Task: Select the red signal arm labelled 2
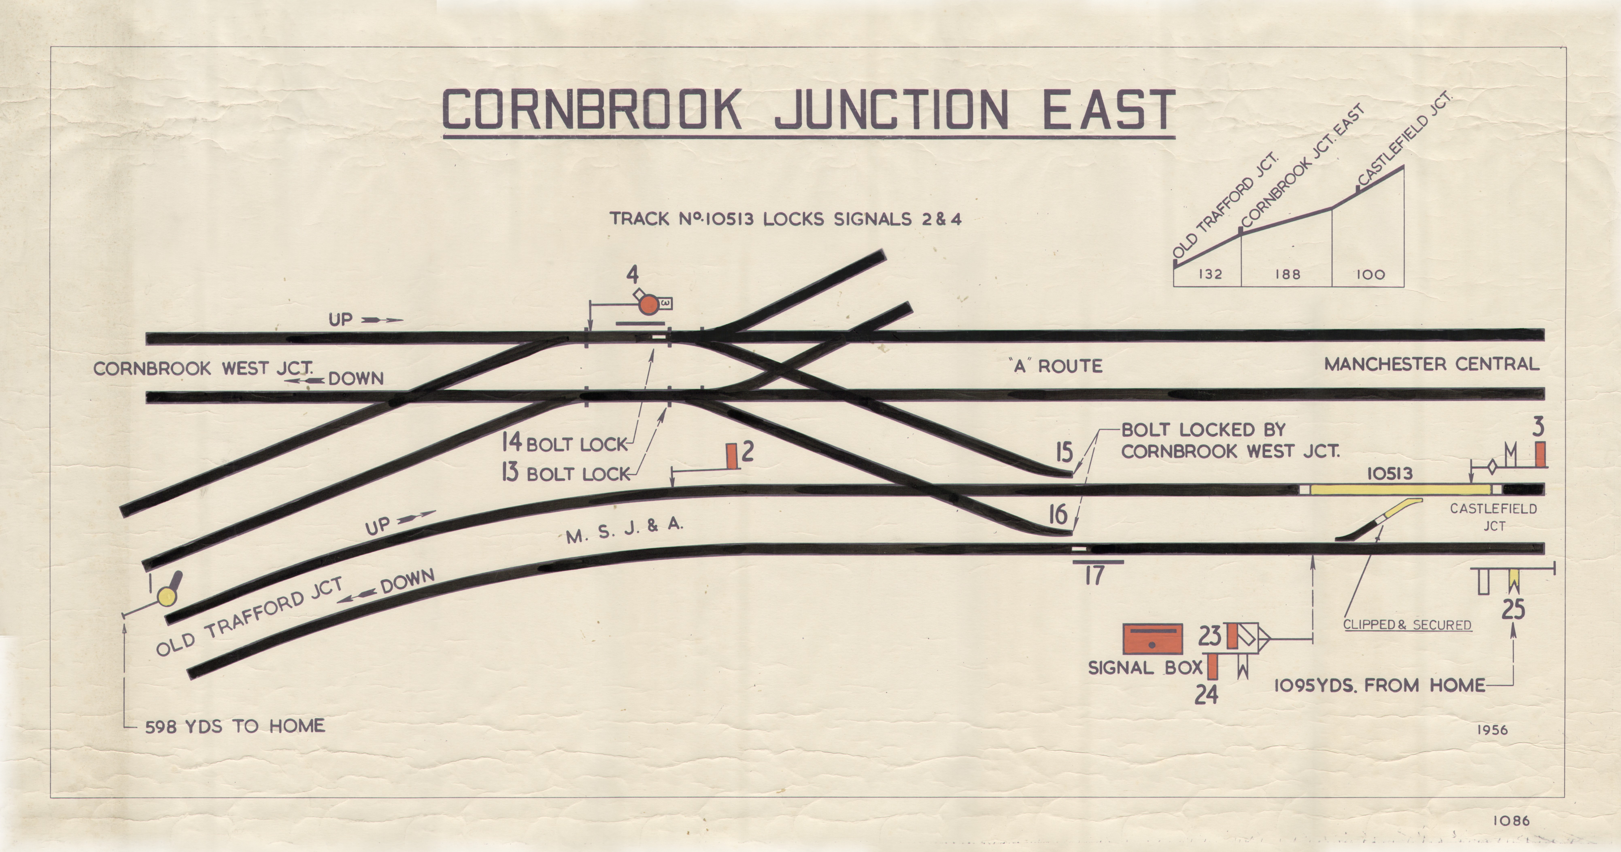(732, 456)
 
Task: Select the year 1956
(1492, 730)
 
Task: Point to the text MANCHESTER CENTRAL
(1432, 364)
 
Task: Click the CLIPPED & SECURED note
(1407, 625)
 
